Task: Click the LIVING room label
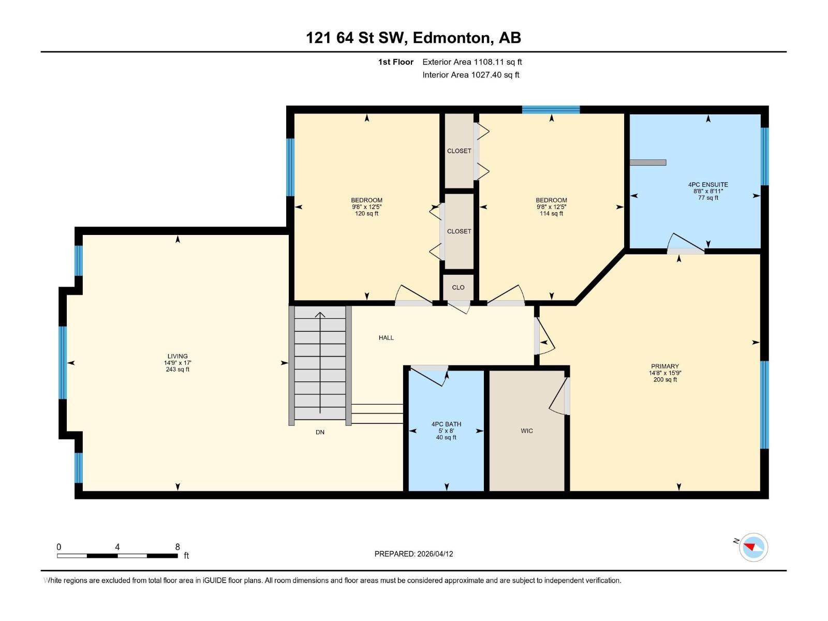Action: pyautogui.click(x=178, y=356)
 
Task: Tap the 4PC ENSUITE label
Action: pyautogui.click(x=707, y=184)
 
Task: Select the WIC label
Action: pyautogui.click(x=527, y=431)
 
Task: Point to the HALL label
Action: pyautogui.click(x=386, y=337)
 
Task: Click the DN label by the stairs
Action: pyautogui.click(x=320, y=432)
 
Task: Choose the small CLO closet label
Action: pyautogui.click(x=458, y=287)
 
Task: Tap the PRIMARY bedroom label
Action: pyautogui.click(x=664, y=366)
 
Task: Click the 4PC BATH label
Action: pyautogui.click(x=446, y=424)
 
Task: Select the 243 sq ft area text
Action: pyautogui.click(x=178, y=369)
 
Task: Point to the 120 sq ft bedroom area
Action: pyautogui.click(x=366, y=213)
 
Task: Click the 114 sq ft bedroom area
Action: pyautogui.click(x=551, y=213)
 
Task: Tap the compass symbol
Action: pyautogui.click(x=753, y=547)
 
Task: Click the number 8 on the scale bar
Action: pyautogui.click(x=178, y=546)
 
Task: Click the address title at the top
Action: pyautogui.click(x=413, y=38)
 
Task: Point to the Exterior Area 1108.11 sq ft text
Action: pyautogui.click(x=472, y=62)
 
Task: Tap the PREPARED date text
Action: pyautogui.click(x=413, y=554)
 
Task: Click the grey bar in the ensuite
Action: pyautogui.click(x=648, y=162)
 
